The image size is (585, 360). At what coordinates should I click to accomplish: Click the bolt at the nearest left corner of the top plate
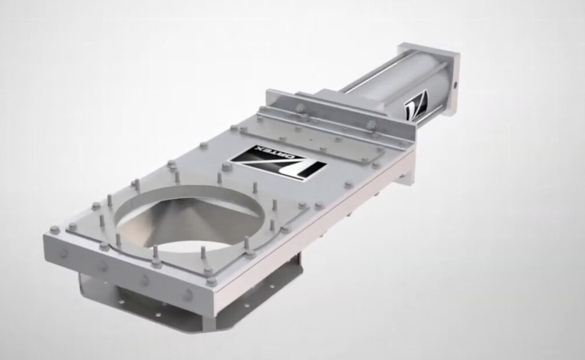coord(55,230)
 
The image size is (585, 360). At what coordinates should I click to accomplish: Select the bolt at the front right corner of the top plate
coord(211,281)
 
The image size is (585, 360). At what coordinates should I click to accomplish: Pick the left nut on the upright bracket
coord(300,107)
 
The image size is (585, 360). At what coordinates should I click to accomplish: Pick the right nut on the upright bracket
coord(371,124)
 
